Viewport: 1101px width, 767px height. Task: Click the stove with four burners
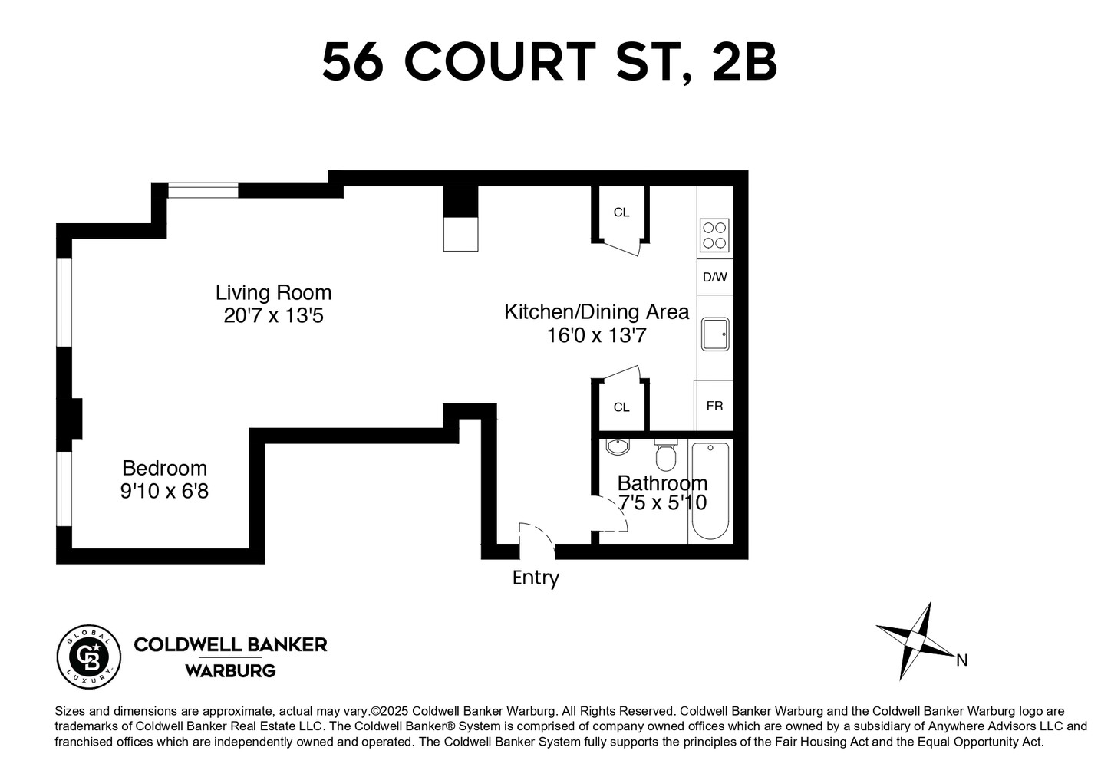714,235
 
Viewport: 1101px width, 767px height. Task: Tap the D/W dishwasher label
714,277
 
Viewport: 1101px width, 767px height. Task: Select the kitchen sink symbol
714,335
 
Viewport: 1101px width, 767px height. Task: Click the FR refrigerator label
714,406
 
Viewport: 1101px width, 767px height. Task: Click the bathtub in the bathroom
710,491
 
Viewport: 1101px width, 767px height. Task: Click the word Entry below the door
536,578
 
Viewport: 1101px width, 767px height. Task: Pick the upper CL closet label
621,212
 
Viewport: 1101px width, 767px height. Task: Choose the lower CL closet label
621,407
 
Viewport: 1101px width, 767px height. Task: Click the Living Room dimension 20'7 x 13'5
274,315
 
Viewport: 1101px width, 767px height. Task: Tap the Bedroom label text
165,468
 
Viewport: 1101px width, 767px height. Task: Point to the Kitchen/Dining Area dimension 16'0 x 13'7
596,335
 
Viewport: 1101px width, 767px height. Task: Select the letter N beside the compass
961,660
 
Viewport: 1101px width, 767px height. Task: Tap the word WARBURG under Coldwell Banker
230,671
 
